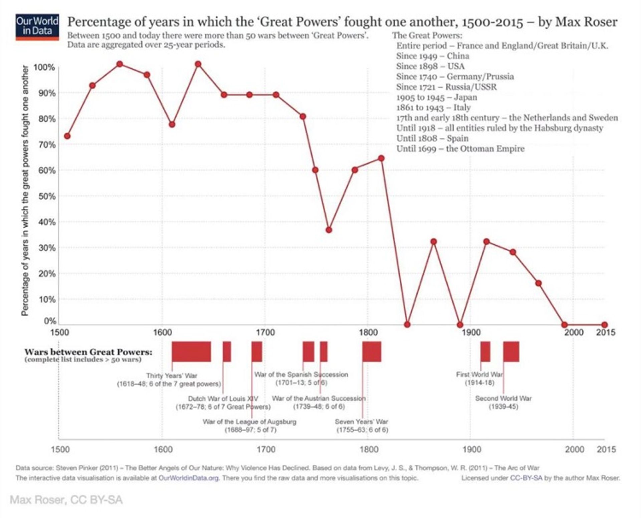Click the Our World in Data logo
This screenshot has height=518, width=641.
point(37,27)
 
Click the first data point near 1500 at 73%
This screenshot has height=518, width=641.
point(67,136)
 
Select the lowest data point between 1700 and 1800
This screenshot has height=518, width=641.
point(329,230)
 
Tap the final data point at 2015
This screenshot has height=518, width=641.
point(604,325)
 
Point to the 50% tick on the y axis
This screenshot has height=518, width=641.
point(47,196)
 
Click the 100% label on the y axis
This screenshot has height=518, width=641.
point(44,68)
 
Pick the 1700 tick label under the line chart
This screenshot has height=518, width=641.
point(265,333)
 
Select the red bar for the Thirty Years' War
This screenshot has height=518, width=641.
point(191,352)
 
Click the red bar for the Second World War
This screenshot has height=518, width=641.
point(511,352)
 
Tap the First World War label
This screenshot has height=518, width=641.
point(479,375)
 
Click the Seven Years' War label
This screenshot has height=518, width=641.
point(362,422)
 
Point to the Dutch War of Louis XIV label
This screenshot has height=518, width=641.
point(223,399)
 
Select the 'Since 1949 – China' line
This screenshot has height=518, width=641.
point(433,56)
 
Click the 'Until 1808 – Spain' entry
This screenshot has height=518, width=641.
point(432,138)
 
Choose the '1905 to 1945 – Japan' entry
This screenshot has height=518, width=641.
point(437,97)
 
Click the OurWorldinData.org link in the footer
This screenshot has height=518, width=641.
point(189,478)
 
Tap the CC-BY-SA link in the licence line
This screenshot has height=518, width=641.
point(526,478)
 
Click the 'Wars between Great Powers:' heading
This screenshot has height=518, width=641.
point(88,352)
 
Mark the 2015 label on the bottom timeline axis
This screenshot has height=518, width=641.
point(606,449)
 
